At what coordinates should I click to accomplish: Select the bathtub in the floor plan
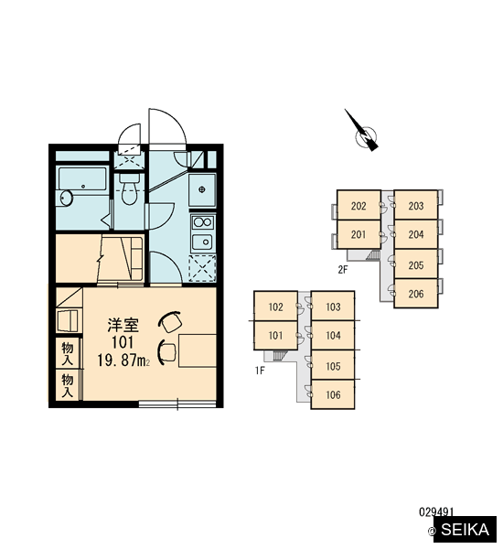pyautogui.click(x=82, y=179)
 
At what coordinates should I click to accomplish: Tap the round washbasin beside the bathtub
pyautogui.click(x=65, y=199)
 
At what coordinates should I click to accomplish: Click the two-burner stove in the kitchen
pyautogui.click(x=202, y=222)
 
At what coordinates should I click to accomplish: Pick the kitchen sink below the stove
pyautogui.click(x=202, y=242)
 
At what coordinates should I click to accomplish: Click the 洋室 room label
pyautogui.click(x=123, y=325)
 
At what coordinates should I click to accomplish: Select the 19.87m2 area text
pyautogui.click(x=123, y=361)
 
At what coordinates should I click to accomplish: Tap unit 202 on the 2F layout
pyautogui.click(x=359, y=205)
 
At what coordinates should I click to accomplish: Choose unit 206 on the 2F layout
pyautogui.click(x=416, y=294)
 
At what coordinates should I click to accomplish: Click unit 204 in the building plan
pyautogui.click(x=416, y=234)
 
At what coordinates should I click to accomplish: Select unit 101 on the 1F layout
pyautogui.click(x=275, y=336)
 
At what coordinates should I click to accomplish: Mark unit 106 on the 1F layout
pyautogui.click(x=333, y=394)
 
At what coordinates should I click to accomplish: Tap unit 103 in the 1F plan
pyautogui.click(x=333, y=307)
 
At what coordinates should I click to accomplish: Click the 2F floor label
pyautogui.click(x=343, y=270)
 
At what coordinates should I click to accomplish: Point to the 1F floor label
pyautogui.click(x=260, y=371)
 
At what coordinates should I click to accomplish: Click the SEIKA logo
pyautogui.click(x=465, y=530)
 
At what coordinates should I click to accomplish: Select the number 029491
pyautogui.click(x=436, y=512)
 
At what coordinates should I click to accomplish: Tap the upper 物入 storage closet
pyautogui.click(x=68, y=353)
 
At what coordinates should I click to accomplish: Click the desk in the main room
pyautogui.click(x=198, y=350)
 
